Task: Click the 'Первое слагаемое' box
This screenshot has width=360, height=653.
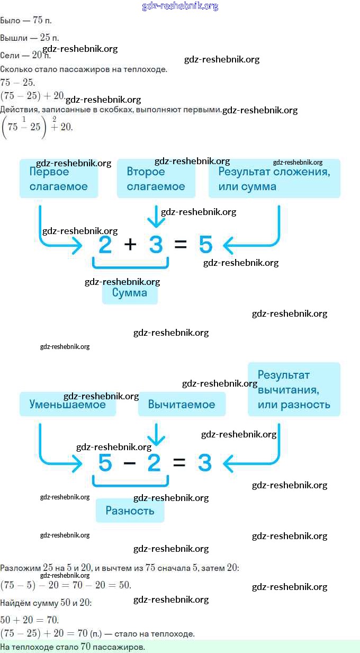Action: point(59,179)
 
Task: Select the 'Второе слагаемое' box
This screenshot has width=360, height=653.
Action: point(156,179)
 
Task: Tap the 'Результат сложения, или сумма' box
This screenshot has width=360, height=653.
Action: point(274,179)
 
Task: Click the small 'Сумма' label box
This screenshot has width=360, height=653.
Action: point(130,293)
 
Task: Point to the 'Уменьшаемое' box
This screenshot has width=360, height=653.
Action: point(68,405)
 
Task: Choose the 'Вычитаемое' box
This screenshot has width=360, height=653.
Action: point(182,405)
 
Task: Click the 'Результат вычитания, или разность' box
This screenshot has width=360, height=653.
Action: point(294,389)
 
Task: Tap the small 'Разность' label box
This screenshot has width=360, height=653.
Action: point(130,511)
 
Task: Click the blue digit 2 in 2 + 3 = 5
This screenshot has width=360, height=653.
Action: point(105,245)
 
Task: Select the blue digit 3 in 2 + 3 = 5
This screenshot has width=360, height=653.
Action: point(156,245)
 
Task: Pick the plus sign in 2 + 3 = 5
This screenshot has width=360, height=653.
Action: point(130,245)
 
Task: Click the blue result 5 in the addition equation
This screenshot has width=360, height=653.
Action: point(206,245)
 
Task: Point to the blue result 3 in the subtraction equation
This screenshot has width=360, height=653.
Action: point(205,463)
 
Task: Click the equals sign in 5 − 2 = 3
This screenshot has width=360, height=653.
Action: point(179,463)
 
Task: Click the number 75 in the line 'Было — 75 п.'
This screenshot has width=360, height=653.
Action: point(38,21)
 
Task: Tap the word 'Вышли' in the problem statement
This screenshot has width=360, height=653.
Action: point(11,38)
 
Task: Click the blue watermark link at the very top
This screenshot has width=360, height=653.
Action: point(180,6)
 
